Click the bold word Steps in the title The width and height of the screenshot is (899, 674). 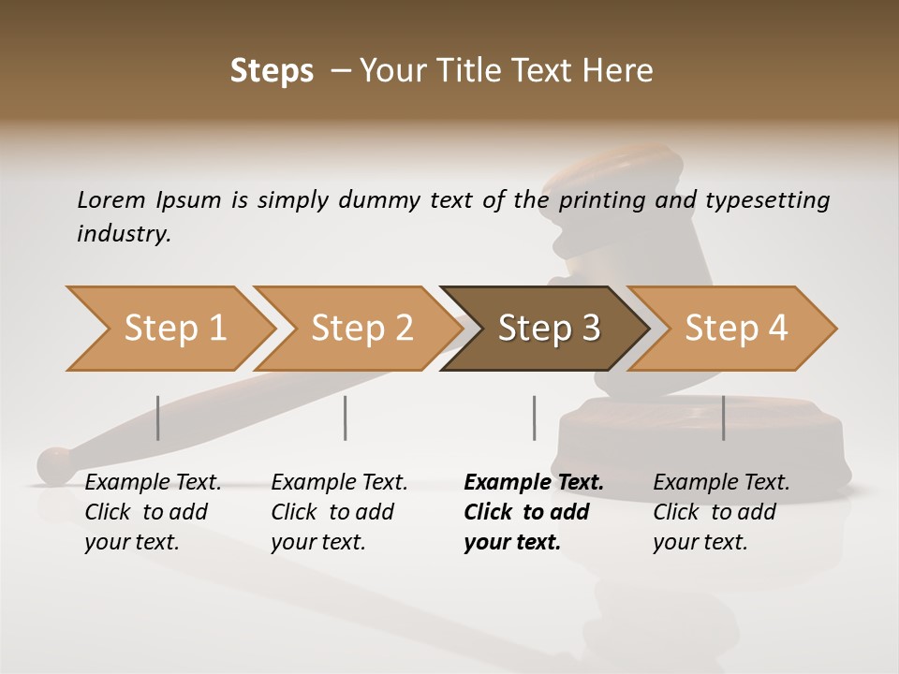[272, 70]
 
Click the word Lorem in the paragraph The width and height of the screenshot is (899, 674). [111, 199]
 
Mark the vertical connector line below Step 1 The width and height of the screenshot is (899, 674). [158, 418]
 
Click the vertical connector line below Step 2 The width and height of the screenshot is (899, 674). [346, 418]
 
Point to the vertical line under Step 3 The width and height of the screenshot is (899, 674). [534, 418]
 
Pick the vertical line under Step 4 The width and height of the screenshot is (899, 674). [724, 418]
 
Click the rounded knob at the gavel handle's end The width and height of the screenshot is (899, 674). [57, 465]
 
